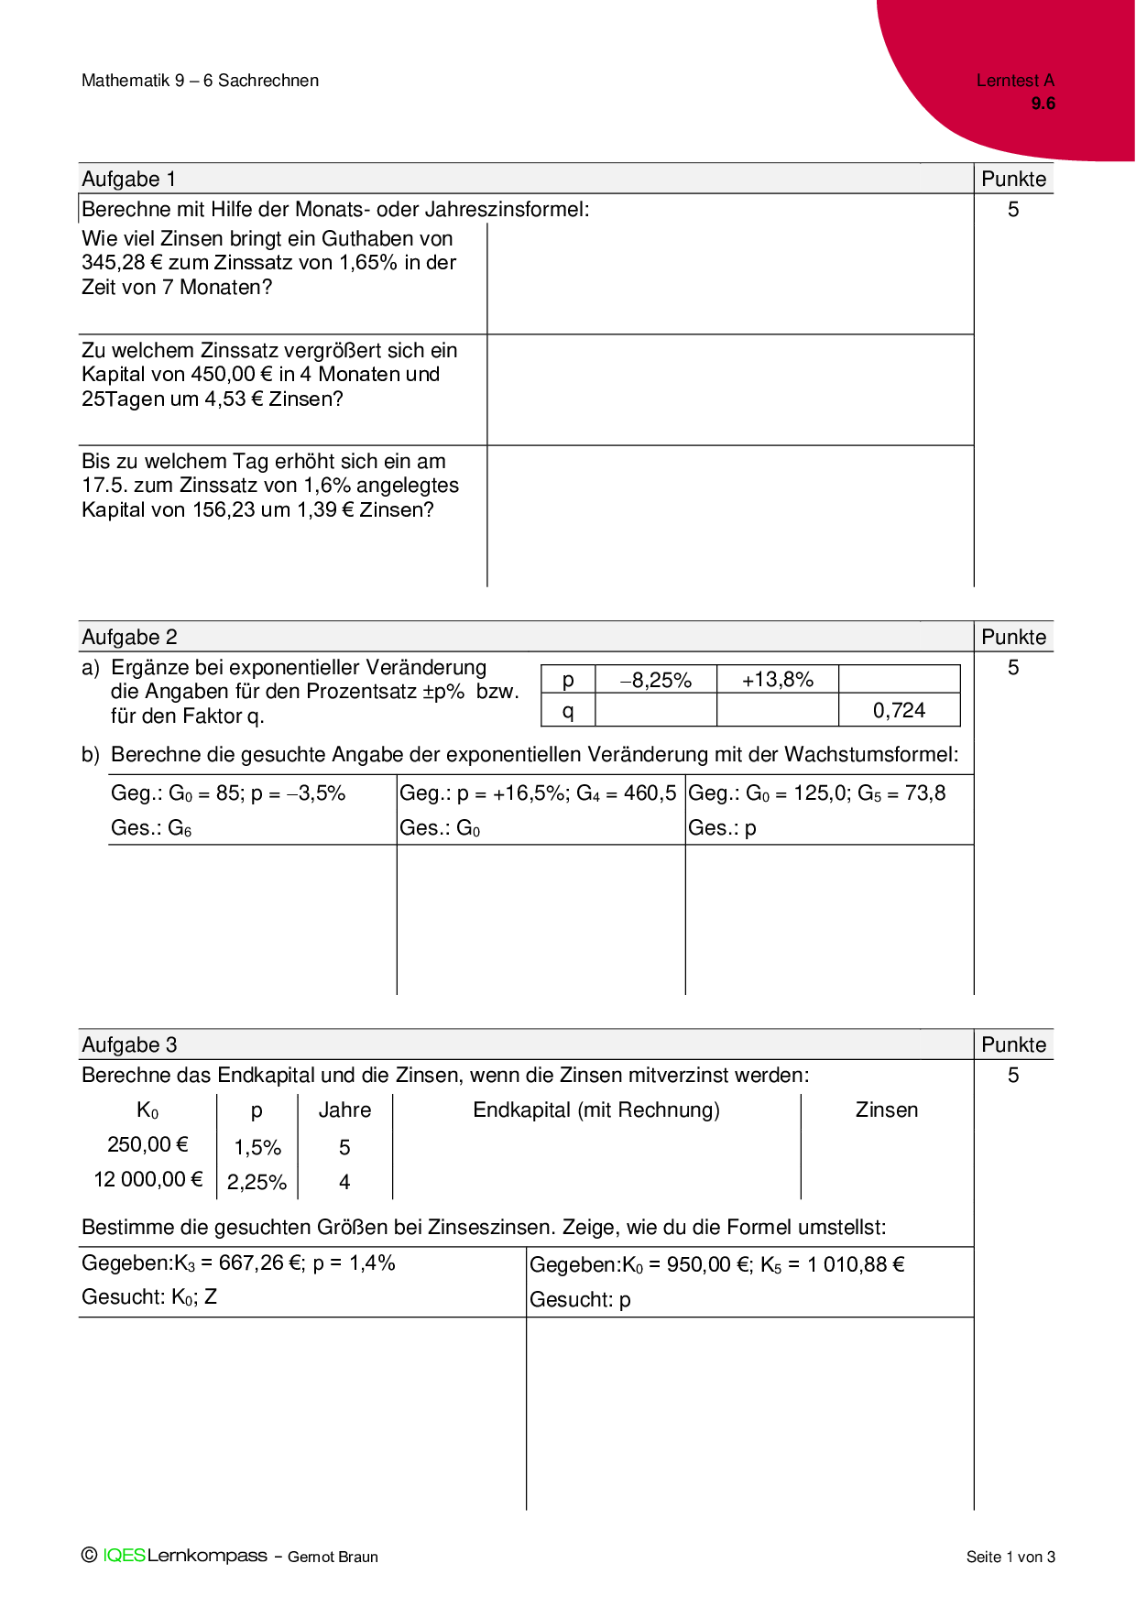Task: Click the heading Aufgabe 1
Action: (129, 179)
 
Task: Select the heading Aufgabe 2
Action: (129, 637)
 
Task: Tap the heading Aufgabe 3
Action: (129, 1044)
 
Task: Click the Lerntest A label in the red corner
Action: (1015, 81)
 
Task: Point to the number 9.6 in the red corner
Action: (1043, 104)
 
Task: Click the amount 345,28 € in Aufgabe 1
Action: (122, 263)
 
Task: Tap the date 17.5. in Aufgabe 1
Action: (104, 486)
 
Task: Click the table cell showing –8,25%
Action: (655, 680)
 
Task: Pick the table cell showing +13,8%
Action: (777, 680)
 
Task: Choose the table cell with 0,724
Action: (899, 710)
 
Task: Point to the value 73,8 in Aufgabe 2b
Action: (925, 793)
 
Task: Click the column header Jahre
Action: (344, 1110)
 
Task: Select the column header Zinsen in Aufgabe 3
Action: (886, 1110)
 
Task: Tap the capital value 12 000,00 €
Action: (147, 1180)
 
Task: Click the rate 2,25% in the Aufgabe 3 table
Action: (257, 1183)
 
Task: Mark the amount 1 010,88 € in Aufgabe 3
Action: (856, 1265)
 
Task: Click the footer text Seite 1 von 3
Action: (1010, 1557)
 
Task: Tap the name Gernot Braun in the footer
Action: (333, 1557)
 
